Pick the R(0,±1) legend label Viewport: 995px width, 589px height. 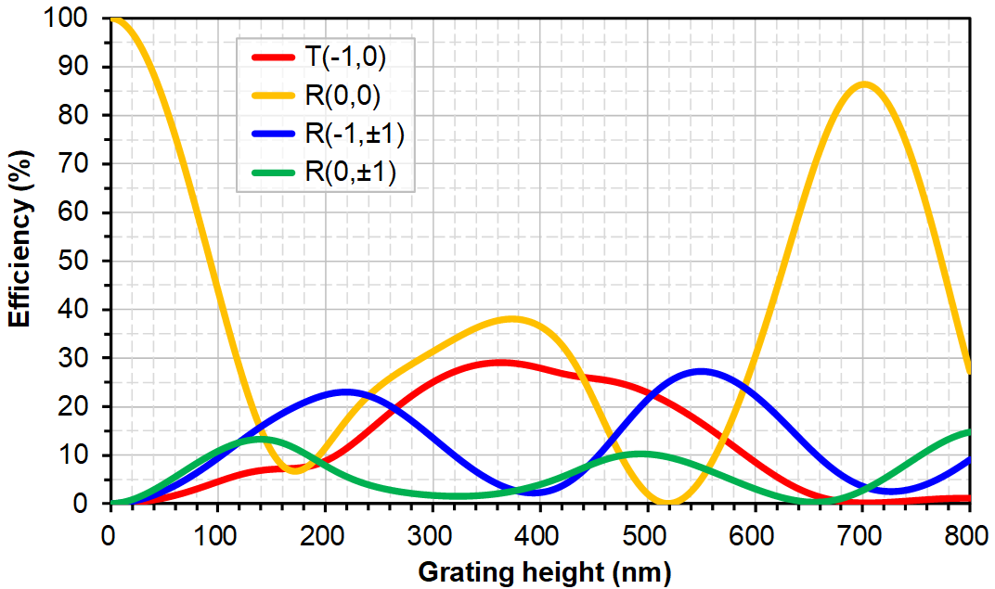[350, 173]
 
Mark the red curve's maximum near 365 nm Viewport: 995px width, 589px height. [501, 362]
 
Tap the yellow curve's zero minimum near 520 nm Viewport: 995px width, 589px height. [669, 503]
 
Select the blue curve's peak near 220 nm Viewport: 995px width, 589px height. [347, 391]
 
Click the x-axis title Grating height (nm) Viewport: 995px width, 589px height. [543, 570]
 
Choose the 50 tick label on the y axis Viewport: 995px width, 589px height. [86, 261]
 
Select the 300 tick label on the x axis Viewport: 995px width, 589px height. [432, 534]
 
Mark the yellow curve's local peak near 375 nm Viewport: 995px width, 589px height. [512, 319]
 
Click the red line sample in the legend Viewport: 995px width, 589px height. [271, 58]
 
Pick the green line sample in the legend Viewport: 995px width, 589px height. [271, 173]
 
